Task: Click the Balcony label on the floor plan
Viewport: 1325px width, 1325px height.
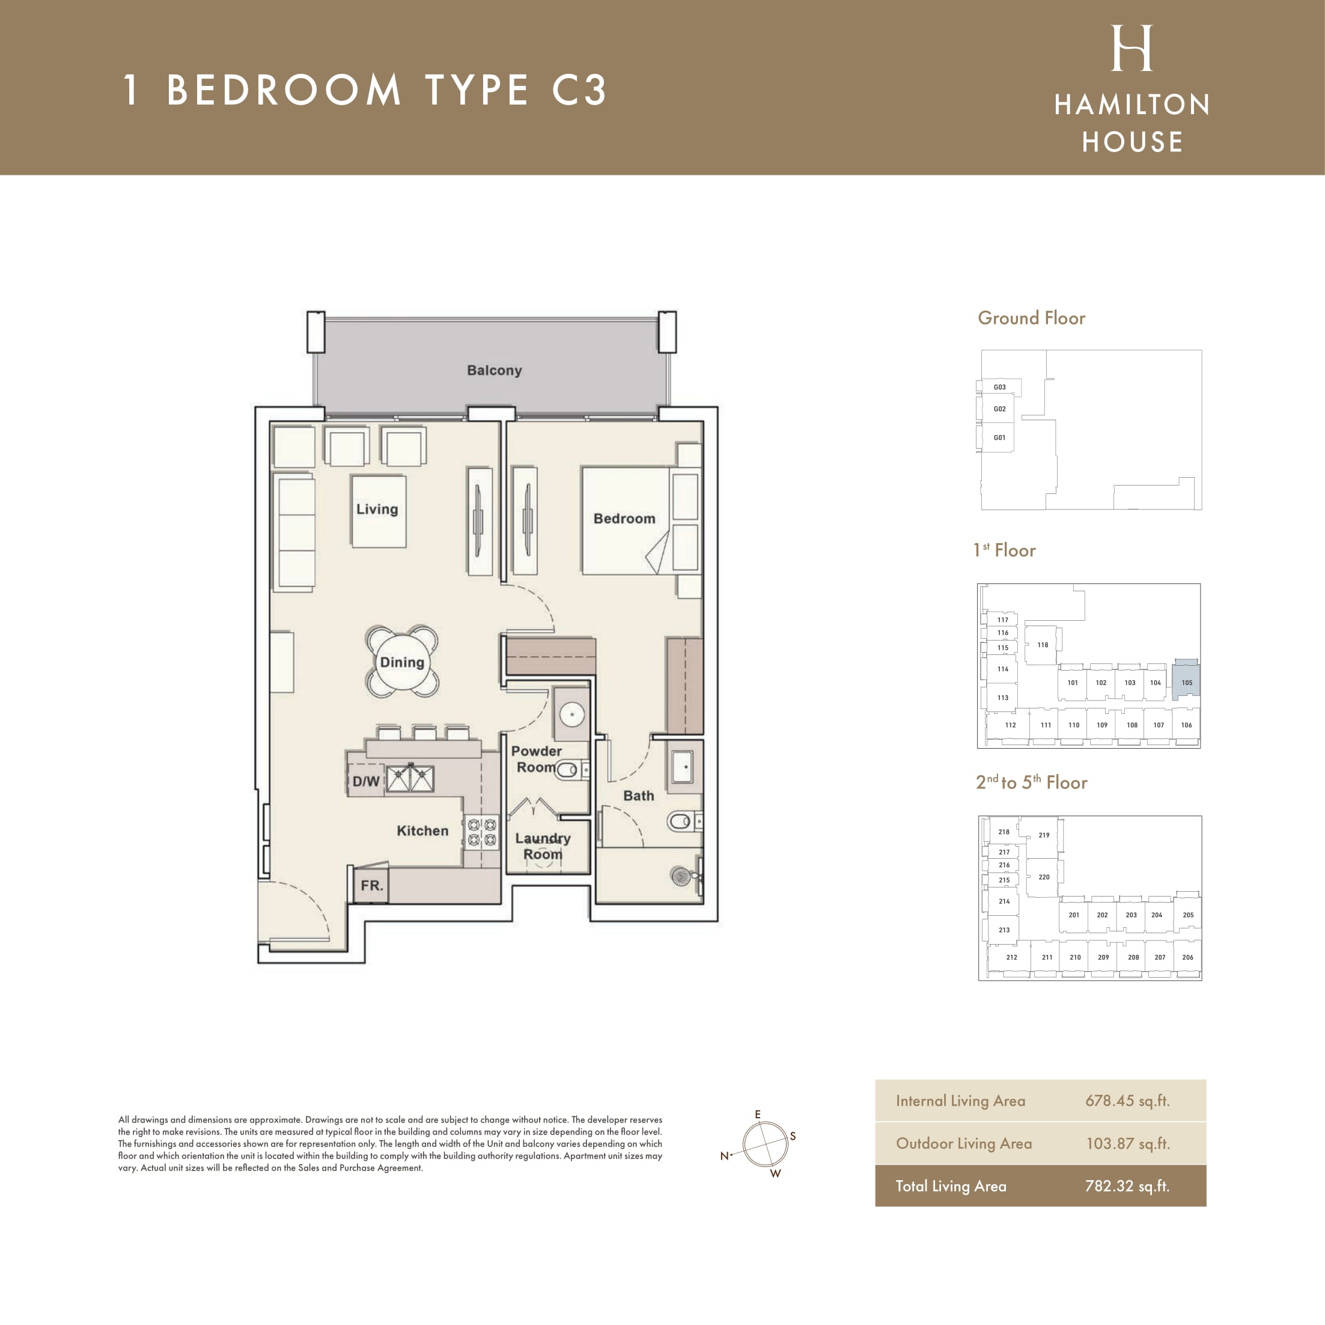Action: [494, 370]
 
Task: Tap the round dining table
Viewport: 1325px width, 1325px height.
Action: [402, 662]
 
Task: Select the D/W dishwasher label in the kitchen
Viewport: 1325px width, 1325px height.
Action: [365, 781]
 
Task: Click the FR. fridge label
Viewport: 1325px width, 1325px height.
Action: [372, 885]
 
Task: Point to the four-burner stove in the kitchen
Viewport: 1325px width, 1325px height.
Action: [481, 832]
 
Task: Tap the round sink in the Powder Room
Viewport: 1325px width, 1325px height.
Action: [572, 714]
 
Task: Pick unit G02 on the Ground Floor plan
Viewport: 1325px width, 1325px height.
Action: [999, 409]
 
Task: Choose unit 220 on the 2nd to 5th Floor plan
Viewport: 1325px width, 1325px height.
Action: [1043, 877]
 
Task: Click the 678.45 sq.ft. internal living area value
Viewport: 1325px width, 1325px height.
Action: [1127, 1101]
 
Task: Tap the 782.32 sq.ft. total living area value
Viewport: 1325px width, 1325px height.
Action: [1127, 1186]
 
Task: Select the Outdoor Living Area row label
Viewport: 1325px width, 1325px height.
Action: [964, 1144]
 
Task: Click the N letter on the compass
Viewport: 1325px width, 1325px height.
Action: [724, 1156]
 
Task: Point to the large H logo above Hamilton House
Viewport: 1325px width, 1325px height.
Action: [1132, 48]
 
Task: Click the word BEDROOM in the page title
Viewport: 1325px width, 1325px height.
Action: [284, 90]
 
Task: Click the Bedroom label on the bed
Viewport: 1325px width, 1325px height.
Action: [624, 519]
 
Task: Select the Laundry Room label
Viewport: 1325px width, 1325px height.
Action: [543, 846]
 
